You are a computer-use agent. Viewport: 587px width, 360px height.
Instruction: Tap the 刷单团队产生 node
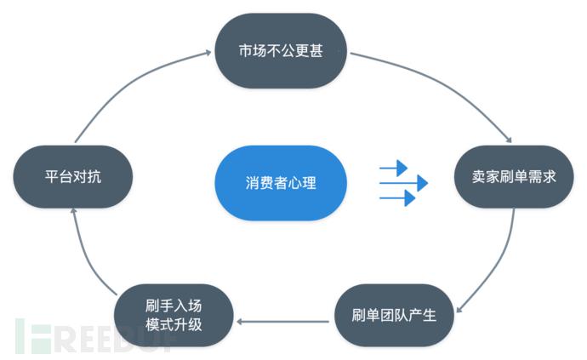[x=393, y=315]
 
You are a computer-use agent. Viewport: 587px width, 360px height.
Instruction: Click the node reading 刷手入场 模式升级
[x=174, y=314]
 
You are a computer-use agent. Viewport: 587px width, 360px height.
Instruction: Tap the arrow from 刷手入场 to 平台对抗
[x=89, y=255]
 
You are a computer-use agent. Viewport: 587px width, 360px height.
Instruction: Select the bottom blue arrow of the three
[x=397, y=197]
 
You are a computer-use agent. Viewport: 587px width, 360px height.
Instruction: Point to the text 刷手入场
[x=174, y=305]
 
